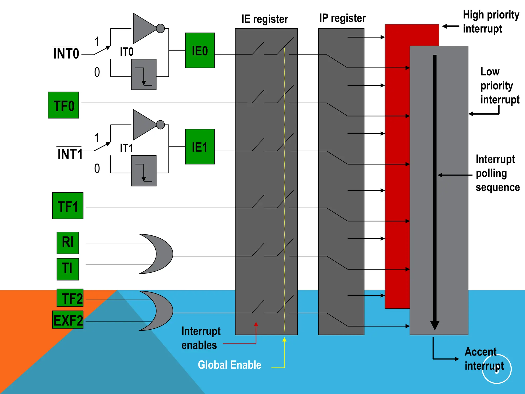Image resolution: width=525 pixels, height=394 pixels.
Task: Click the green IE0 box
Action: [x=200, y=50]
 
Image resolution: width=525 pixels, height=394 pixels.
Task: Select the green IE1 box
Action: [x=200, y=146]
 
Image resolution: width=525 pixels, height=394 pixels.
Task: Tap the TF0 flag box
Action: [x=63, y=105]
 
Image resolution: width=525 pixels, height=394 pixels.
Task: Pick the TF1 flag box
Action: [x=68, y=206]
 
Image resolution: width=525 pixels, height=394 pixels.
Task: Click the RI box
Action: [x=68, y=243]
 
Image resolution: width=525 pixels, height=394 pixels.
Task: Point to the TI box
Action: [x=68, y=269]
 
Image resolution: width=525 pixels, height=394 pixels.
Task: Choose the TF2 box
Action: [x=70, y=298]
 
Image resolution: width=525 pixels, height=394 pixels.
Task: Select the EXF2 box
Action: [x=68, y=320]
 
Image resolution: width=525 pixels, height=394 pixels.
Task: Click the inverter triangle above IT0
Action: [x=144, y=28]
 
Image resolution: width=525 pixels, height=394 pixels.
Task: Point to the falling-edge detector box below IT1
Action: [x=144, y=171]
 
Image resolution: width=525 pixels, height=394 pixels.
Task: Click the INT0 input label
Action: [x=66, y=54]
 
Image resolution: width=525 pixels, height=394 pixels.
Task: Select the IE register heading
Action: [x=265, y=19]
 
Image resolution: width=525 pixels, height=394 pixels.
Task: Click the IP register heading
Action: [x=342, y=18]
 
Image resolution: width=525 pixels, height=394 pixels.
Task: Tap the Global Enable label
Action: [x=229, y=365]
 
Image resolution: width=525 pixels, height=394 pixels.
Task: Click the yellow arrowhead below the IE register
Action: [x=284, y=340]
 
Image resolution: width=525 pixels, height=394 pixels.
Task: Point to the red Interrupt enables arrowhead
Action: [x=256, y=324]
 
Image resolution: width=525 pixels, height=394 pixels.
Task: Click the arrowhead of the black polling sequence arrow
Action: [x=435, y=325]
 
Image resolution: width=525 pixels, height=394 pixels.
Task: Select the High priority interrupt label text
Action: [x=491, y=22]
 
